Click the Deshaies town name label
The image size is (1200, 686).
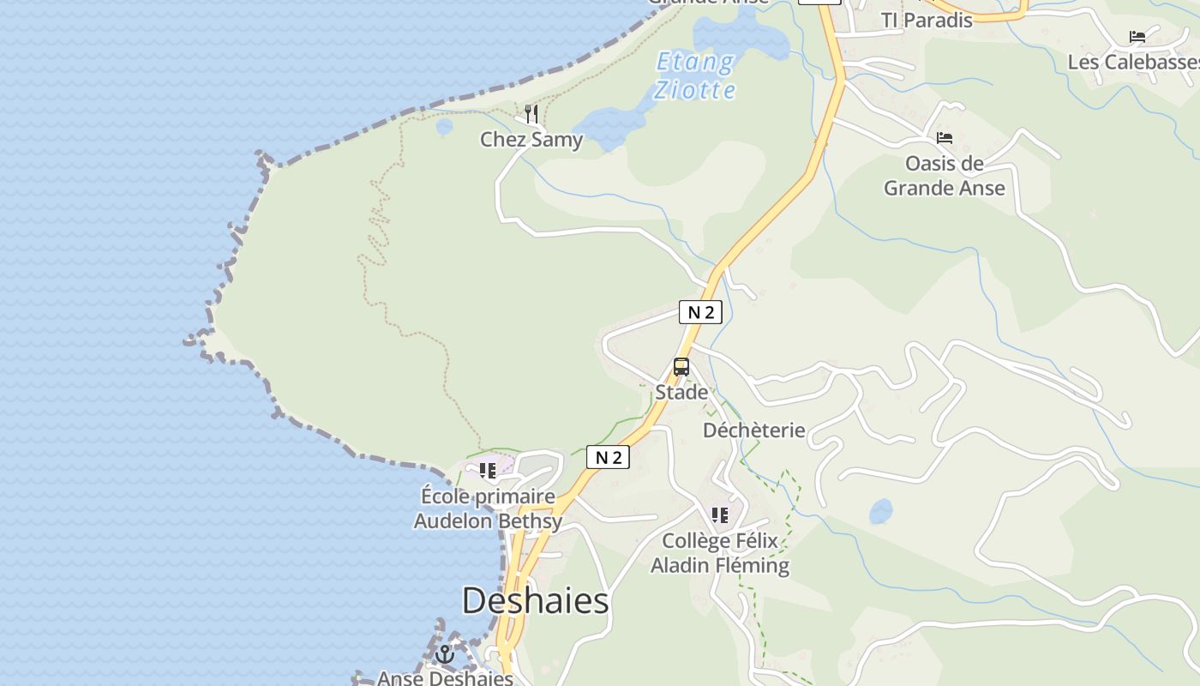coord(535,600)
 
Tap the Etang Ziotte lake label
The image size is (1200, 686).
coord(694,75)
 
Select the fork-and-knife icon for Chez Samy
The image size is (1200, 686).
coord(531,114)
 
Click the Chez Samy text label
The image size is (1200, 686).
coord(531,139)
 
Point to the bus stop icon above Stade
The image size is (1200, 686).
coord(681,367)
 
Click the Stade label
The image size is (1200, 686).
coord(681,392)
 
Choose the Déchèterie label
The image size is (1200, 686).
coord(754,430)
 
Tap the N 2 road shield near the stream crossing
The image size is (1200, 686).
coord(700,312)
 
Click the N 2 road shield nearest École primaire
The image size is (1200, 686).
coord(608,457)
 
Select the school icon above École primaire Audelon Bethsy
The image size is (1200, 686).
coord(488,471)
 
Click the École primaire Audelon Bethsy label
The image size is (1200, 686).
coord(488,508)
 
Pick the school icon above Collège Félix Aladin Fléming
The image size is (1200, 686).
coord(720,515)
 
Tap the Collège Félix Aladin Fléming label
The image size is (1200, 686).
coord(720,553)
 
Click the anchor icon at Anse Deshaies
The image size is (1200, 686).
coord(444,654)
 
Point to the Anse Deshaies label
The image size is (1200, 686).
coord(445,677)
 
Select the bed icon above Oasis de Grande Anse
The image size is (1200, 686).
coord(945,137)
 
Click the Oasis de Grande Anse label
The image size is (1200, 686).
coord(945,175)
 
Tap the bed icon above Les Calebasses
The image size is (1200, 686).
coord(1137,37)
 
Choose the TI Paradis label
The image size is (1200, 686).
coord(927,20)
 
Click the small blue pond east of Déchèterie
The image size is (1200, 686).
coord(880,511)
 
